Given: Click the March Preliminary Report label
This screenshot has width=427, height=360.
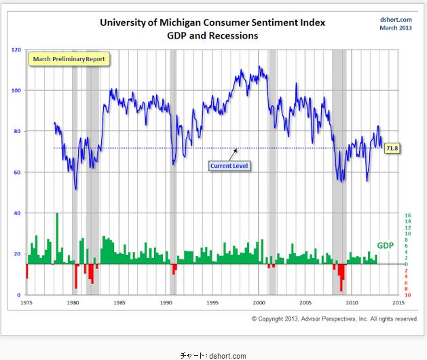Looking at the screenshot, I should (x=70, y=59).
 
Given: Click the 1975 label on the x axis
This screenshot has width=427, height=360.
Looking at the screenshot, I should (x=26, y=302).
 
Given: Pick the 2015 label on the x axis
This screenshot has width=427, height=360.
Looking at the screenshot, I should (x=398, y=302).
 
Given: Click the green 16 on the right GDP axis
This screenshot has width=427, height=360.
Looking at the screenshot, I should (x=407, y=215).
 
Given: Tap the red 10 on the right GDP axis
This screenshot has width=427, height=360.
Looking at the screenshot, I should (x=407, y=295).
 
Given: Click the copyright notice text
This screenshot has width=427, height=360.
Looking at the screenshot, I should (x=335, y=318).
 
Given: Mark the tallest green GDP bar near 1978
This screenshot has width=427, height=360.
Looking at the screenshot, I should (x=57, y=238).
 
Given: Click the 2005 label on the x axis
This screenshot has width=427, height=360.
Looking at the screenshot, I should (x=305, y=302).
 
